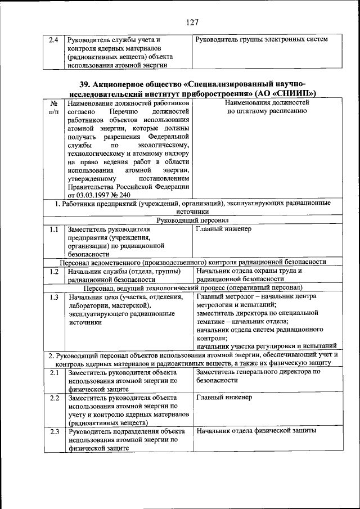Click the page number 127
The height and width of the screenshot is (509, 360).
191,22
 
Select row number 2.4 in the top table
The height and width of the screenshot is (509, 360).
53,40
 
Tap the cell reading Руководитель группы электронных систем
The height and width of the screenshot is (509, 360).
262,39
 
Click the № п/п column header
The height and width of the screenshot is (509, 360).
54,108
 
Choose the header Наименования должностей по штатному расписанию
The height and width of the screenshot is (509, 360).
266,107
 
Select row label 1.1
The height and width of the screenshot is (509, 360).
54,229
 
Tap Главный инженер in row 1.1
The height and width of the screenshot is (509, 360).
224,229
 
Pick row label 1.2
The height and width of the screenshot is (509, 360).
54,271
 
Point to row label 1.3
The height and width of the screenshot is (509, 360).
54,296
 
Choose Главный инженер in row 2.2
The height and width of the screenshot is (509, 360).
224,397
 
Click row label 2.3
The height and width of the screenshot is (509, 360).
54,431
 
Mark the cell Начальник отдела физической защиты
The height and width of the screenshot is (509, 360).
256,431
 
